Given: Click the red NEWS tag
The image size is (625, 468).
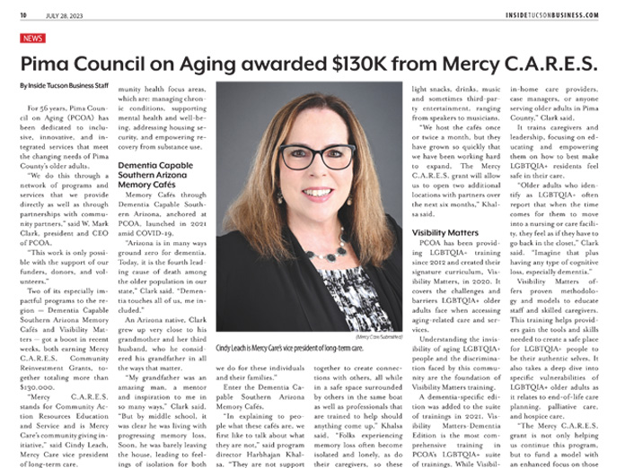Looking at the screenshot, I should (x=32, y=39).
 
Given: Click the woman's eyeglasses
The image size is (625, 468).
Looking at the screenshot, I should (x=314, y=157).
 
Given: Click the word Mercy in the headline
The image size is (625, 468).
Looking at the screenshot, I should (x=463, y=65).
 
